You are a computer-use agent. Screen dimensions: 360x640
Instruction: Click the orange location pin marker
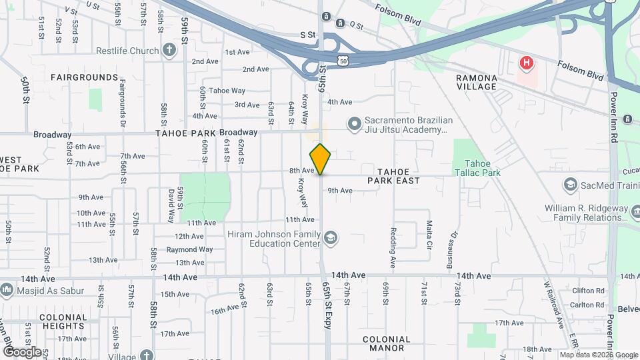[x=321, y=159]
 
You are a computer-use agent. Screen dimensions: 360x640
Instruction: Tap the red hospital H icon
[x=527, y=64]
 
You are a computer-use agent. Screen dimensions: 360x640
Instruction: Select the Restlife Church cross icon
[x=169, y=50]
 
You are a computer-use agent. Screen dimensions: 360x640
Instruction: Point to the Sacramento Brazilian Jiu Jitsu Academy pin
[x=354, y=123]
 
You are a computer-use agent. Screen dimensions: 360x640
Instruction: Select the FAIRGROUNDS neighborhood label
[x=85, y=77]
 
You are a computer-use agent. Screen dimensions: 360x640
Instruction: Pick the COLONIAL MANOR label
[x=387, y=343]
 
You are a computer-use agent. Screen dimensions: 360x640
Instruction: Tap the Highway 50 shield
[x=342, y=61]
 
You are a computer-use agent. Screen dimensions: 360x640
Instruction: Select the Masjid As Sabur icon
[x=7, y=290]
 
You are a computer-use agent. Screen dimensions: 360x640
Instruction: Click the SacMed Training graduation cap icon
[x=570, y=184]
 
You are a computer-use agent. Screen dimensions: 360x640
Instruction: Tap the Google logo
[x=22, y=351]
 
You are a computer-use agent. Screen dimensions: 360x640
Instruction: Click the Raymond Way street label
[x=189, y=249]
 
